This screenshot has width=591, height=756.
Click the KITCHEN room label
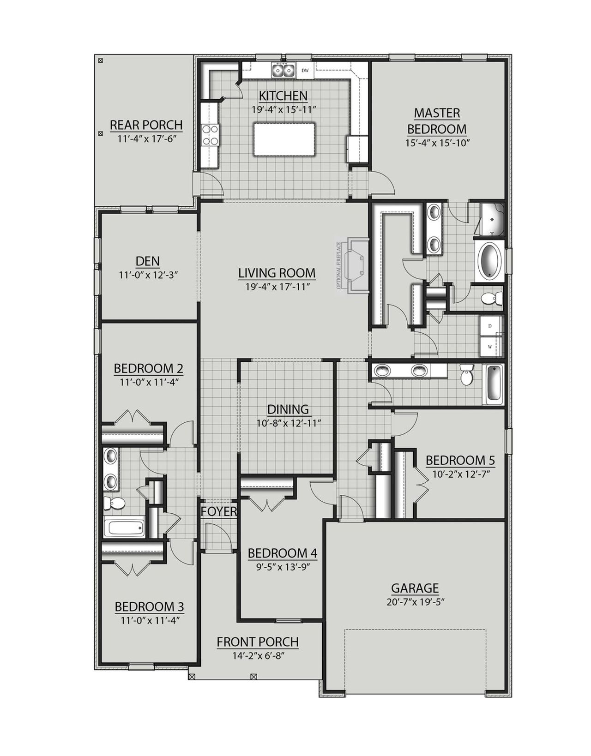[x=283, y=96]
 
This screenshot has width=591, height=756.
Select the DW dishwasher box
[x=305, y=71]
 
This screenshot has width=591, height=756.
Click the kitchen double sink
[x=283, y=70]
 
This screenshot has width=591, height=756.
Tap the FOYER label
[x=219, y=511]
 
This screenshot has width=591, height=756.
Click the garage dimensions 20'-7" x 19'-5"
[x=415, y=602]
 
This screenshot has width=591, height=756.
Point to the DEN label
[x=148, y=261]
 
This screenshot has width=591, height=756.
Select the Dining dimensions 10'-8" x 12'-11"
[x=288, y=423]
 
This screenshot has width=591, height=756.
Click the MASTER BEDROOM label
[x=437, y=121]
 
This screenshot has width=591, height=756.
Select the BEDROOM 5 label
[x=460, y=460]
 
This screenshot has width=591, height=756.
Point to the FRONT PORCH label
[x=258, y=642]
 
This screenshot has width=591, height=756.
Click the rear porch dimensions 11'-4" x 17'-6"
[x=146, y=138]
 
